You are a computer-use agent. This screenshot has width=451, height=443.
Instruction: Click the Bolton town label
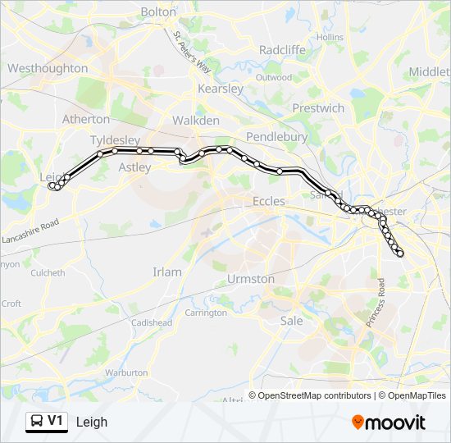(158, 11)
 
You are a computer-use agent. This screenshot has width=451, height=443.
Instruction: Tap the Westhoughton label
(48, 68)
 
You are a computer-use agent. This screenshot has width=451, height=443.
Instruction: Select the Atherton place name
(86, 119)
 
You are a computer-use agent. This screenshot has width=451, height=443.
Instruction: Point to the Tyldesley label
(115, 139)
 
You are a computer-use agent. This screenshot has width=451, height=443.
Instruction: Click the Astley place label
(135, 167)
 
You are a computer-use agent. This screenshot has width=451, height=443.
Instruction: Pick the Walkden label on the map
(195, 121)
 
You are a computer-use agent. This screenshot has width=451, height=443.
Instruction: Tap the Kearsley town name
(220, 88)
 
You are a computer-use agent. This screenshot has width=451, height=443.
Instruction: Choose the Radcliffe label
(282, 49)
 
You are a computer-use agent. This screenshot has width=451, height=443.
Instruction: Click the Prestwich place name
(318, 107)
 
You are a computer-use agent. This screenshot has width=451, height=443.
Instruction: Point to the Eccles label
(269, 201)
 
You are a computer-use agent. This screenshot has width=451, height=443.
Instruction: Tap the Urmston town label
(251, 279)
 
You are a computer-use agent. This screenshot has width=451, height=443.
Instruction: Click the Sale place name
(291, 321)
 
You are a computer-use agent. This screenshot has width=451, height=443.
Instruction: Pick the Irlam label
(167, 272)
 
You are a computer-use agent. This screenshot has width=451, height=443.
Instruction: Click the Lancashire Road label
(32, 233)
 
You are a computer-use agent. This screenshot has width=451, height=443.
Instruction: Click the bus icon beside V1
(37, 422)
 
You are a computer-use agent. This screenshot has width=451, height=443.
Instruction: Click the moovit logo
(389, 422)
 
